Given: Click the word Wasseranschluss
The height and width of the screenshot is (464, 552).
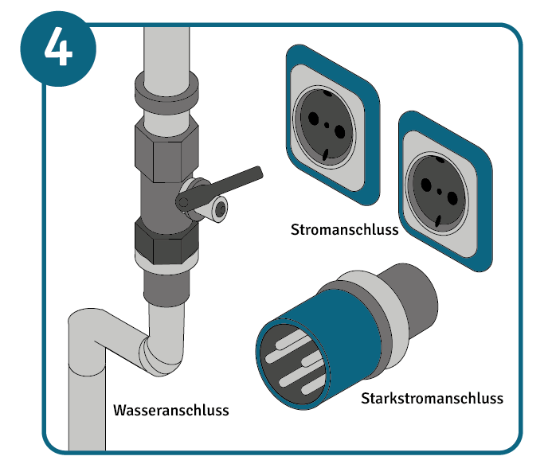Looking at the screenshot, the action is click(x=171, y=410).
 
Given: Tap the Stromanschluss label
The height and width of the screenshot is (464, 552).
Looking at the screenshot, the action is click(x=344, y=230).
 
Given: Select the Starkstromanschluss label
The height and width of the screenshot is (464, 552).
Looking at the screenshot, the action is click(x=432, y=398).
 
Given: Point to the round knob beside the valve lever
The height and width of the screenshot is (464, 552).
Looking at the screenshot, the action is click(x=221, y=210).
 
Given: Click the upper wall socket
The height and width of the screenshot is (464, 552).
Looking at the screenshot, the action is click(x=332, y=126).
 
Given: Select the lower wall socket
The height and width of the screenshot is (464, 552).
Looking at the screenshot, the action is click(x=445, y=192).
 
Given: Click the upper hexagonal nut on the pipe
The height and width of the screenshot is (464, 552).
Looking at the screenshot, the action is click(x=166, y=150).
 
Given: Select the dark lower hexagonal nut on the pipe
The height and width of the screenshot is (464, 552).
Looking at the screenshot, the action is click(x=166, y=241).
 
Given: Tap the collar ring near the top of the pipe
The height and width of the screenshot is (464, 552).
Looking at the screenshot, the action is click(x=166, y=92).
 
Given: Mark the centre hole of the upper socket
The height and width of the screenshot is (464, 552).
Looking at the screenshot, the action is click(x=327, y=125).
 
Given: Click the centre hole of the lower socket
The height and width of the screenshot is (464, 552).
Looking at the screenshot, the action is click(x=439, y=191).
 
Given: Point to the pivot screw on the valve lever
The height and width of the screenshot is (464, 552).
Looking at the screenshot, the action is click(x=183, y=202).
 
